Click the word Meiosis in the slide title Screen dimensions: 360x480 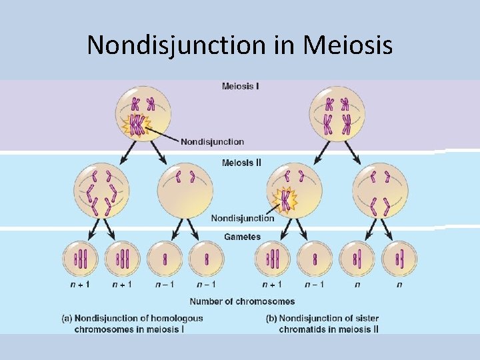point(347,45)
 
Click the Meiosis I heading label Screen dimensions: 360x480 point(240,86)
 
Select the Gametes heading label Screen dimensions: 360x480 point(242,237)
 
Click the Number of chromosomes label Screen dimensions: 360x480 point(242,301)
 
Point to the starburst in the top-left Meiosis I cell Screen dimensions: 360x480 point(137,125)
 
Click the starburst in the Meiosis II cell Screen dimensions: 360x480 point(285,200)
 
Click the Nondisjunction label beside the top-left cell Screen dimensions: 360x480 point(212,141)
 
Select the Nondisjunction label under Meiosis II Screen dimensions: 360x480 point(242,218)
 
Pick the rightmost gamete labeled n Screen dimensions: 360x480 point(399,259)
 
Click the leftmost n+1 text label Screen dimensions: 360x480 point(80,285)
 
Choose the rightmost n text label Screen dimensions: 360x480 point(399,285)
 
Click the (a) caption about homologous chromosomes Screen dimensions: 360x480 point(132,323)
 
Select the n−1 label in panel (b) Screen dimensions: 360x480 point(314,285)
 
